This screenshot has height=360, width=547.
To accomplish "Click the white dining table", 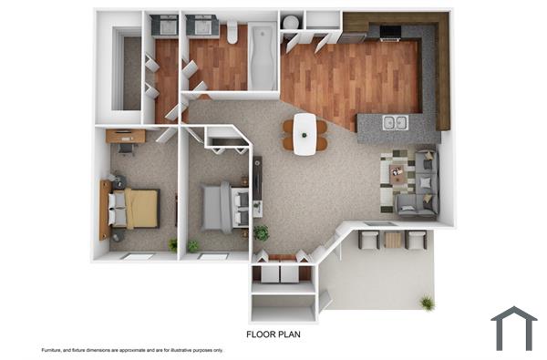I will (304, 133).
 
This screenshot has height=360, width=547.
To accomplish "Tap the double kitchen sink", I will (395, 123).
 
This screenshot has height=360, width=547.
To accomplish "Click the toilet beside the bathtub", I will (232, 35).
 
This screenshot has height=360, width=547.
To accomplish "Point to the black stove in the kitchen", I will (389, 34).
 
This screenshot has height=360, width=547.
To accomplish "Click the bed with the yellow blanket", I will (135, 207).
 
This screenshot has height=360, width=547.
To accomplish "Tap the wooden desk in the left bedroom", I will (124, 137).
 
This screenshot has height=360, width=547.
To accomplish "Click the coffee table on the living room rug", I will (398, 172).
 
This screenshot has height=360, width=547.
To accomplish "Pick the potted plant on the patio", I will (426, 302).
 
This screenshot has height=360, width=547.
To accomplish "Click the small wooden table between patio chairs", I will (393, 240).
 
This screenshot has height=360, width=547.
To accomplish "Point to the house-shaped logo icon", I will (514, 328).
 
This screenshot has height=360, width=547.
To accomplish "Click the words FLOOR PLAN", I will (273, 334).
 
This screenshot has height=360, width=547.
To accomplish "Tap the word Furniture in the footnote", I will (54, 350).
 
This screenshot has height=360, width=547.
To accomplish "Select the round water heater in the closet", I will (291, 22).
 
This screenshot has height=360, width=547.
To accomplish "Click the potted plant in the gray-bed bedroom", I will (193, 245).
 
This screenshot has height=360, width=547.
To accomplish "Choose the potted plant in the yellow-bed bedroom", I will (172, 244).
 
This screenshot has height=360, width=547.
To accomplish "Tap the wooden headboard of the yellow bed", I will (106, 208).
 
